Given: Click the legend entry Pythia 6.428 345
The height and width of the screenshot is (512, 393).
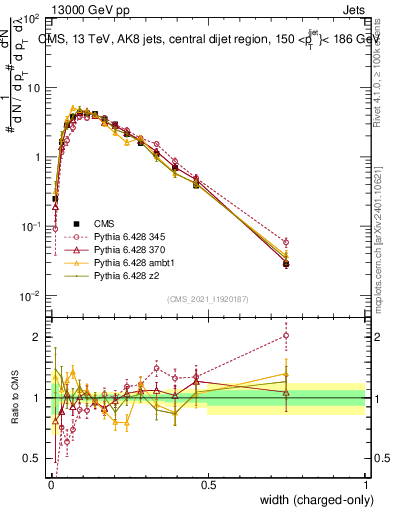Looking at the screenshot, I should point(126,234).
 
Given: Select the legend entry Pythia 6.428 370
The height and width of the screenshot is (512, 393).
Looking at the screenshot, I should point(126,247).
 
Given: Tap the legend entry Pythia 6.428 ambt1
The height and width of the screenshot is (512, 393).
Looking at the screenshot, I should point(128,260).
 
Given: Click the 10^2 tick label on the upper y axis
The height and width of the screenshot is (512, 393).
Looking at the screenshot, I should point(30,20).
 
